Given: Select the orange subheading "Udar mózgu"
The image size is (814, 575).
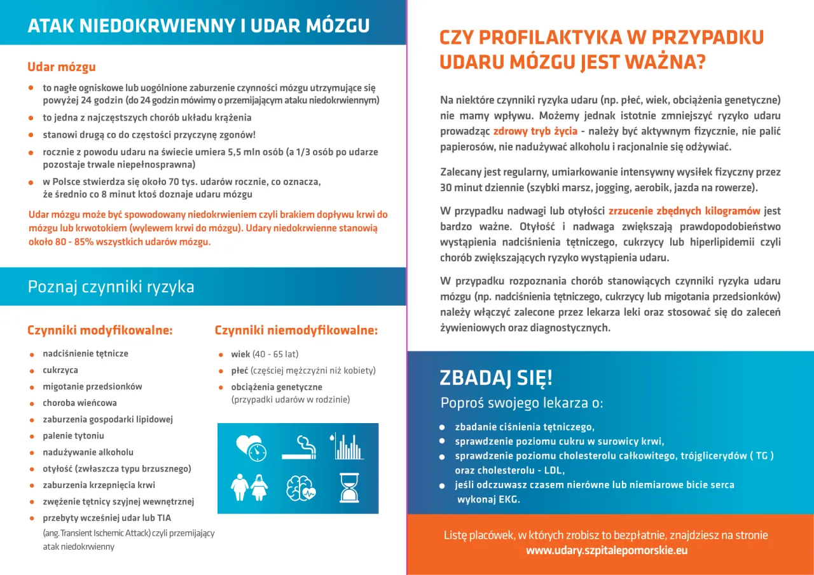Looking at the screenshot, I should point(62,67).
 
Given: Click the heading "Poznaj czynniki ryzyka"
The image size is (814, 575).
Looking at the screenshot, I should point(111,287).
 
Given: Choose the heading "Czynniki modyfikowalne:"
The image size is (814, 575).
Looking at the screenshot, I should point(100,330).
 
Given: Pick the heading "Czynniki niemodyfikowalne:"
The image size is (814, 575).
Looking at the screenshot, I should point(296,330).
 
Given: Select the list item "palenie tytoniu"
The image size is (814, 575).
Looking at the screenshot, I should point(73,436).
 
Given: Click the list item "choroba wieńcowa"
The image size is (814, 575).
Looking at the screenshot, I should point(79,403).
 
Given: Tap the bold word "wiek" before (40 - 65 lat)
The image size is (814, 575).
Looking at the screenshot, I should point(240,354).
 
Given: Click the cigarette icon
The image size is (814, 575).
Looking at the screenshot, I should point(298,446).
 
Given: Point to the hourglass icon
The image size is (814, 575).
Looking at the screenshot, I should point(347,488).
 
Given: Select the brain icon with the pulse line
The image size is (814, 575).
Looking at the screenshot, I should point(298,488).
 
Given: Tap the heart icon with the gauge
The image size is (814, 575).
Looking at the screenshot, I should point(250,447).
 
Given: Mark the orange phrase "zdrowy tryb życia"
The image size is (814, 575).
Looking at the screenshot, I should point(535,132).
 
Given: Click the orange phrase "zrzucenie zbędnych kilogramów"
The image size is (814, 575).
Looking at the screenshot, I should point(684,210).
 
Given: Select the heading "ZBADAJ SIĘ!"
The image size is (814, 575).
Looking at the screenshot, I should point(496,378).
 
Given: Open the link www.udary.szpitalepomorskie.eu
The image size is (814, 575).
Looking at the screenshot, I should point(607,551).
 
